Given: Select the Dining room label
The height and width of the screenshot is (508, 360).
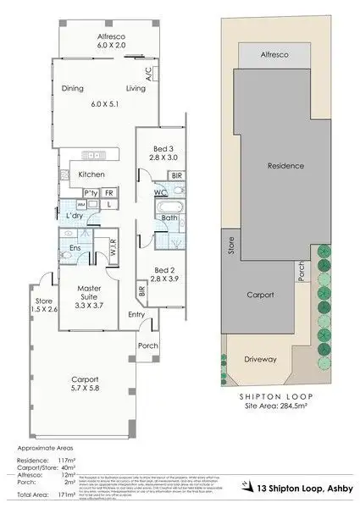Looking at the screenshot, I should (75, 88).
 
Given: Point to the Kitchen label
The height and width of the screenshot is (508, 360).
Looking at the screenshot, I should (91, 174).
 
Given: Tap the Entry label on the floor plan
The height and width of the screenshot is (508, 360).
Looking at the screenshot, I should (136, 315).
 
